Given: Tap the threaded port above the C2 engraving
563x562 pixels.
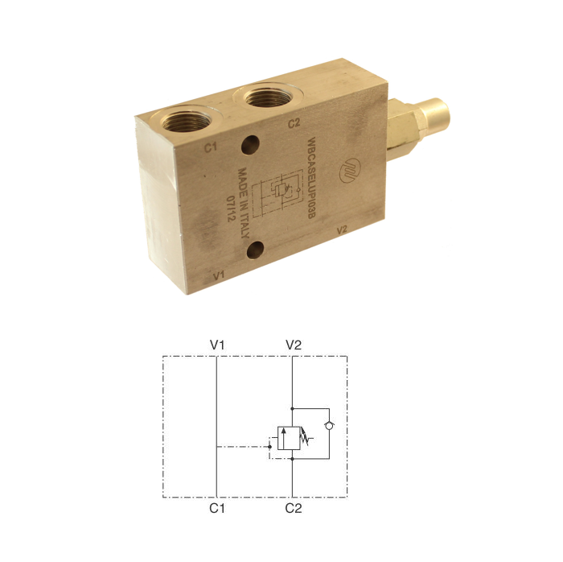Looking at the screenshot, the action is [x=268, y=97].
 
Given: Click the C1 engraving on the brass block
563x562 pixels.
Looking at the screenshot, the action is [x=211, y=147].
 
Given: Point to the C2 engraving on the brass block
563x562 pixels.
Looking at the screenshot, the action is [x=294, y=123].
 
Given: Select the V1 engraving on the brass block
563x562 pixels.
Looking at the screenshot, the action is [x=219, y=275].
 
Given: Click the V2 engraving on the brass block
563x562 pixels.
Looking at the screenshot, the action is [x=342, y=229].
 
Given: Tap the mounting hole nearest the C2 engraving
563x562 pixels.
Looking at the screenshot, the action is [x=250, y=145].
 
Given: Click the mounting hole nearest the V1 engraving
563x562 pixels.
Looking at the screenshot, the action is [x=255, y=250].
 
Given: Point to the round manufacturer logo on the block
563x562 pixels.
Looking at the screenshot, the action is [x=350, y=171].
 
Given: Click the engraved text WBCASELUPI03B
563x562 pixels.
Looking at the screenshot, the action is [x=311, y=178].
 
